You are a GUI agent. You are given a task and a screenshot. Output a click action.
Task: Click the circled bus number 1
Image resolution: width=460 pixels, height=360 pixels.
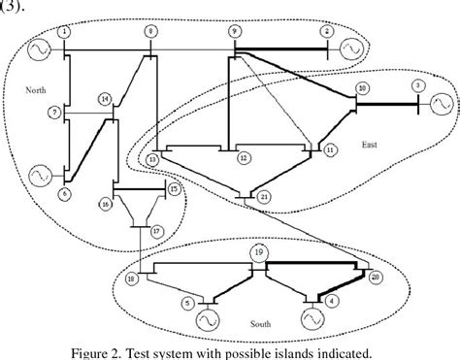coord(64,32)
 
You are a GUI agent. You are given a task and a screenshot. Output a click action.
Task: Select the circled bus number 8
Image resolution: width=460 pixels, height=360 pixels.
coord(149,32)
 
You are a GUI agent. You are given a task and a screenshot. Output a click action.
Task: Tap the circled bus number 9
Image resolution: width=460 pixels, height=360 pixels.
coord(234,33)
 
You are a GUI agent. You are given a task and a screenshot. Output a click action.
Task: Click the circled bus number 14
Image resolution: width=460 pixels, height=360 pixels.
coord(106,98)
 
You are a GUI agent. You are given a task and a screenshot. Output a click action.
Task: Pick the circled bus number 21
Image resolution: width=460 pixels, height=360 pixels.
coord(265,196)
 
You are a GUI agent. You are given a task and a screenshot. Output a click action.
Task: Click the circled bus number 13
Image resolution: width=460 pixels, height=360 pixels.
coord(153,157)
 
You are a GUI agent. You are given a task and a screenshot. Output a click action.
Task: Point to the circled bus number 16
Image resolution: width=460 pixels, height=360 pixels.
coord(105,205)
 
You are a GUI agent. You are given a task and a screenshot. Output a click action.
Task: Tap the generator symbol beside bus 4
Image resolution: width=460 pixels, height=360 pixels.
coord(312,317)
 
